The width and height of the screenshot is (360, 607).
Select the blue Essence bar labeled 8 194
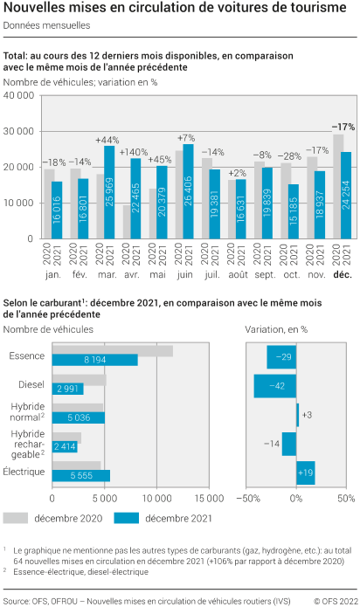[95, 360]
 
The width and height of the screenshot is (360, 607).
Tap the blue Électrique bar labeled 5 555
[81, 476]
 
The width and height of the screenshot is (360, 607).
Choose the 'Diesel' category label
[31, 384]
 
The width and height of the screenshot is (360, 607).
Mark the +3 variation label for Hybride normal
[307, 415]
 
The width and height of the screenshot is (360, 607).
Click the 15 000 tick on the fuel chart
[209, 499]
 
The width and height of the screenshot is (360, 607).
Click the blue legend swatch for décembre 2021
[127, 518]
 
